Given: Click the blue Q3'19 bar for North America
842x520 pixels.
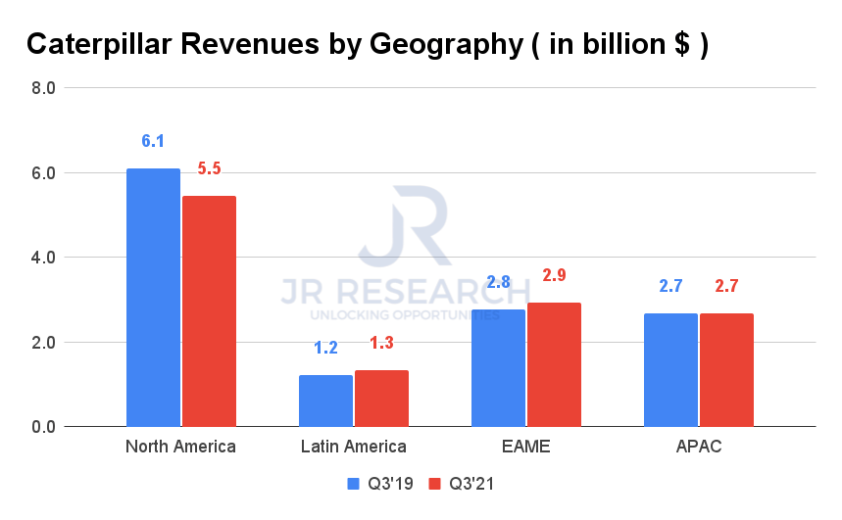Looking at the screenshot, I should click(153, 298).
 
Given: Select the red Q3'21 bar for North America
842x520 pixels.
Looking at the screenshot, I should click(209, 311).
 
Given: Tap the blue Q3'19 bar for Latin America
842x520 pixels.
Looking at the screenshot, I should click(325, 401).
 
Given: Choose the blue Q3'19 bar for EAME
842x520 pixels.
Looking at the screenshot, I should click(498, 368).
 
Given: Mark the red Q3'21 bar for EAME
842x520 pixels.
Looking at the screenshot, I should click(554, 364).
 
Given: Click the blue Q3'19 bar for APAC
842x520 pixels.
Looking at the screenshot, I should click(670, 370).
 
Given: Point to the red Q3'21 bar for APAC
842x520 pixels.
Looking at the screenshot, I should click(726, 370).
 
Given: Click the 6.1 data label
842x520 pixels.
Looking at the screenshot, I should click(153, 141).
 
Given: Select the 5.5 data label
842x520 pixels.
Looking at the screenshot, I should click(209, 168).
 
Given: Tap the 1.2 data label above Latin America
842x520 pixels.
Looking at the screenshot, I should click(325, 348).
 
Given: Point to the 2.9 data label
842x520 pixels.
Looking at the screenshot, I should click(554, 275).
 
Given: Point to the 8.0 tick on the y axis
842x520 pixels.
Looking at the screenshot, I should click(43, 88).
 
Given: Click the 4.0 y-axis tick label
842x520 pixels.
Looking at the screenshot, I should click(43, 258).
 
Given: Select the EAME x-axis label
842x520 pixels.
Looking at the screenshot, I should click(525, 448).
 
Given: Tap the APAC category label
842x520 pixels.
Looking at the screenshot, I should click(698, 448).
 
